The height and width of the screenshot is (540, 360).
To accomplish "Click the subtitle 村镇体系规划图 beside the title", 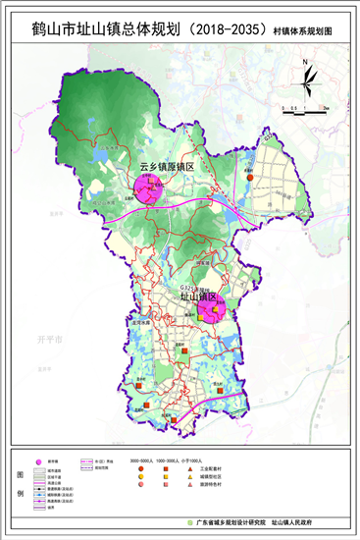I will click(x=310, y=33).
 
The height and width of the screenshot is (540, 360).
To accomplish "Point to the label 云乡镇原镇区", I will click(x=167, y=167).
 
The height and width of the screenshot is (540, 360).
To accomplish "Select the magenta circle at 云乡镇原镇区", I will click(x=150, y=189).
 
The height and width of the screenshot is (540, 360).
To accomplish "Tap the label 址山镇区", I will click(x=197, y=295).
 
